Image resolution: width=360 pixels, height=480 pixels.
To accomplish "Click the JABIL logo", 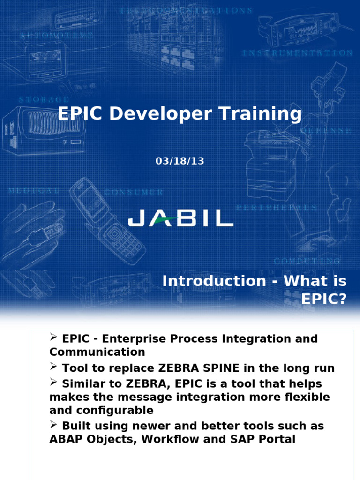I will click(x=180, y=218).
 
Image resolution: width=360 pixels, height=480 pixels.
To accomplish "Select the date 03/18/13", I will click(x=180, y=161).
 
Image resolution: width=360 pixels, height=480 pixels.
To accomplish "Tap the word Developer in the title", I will click(x=161, y=114).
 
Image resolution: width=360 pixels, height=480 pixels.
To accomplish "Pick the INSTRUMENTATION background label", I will click(x=297, y=53).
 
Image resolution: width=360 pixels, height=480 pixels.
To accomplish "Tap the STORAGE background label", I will click(x=44, y=100).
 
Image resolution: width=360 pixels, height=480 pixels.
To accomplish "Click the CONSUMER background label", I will click(x=134, y=192).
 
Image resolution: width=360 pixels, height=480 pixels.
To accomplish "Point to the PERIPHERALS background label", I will click(x=277, y=207).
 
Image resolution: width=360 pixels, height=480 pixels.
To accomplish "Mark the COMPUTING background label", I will click(x=307, y=261).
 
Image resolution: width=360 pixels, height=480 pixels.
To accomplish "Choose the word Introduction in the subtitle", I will click(x=214, y=281).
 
